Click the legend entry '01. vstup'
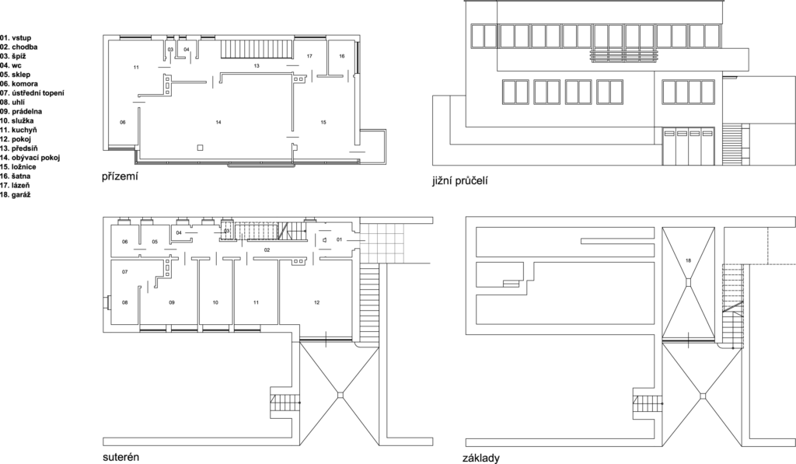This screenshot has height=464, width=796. click(x=16, y=37)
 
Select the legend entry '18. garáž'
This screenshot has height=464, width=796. click(x=16, y=194)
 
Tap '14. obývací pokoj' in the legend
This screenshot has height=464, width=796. click(x=30, y=157)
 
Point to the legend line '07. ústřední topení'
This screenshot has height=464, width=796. click(x=32, y=93)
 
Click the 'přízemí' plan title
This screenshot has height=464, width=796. click(x=120, y=176)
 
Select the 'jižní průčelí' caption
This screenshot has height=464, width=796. click(x=460, y=181)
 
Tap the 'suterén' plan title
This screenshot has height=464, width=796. click(x=120, y=456)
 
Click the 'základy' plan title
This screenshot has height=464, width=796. click(x=480, y=458)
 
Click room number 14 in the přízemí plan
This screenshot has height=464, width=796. click(x=218, y=122)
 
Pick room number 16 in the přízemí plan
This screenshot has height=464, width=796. click(x=342, y=57)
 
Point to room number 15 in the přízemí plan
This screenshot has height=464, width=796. click(x=323, y=122)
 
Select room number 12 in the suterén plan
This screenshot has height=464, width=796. click(x=317, y=302)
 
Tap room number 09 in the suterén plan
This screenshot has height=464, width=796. click(x=172, y=302)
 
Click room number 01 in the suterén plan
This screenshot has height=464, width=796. click(x=340, y=239)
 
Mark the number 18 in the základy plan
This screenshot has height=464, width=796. click(x=689, y=260)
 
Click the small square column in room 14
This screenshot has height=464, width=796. click(x=200, y=148)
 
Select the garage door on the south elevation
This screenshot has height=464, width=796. click(x=689, y=146)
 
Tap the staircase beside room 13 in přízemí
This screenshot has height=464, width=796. click(x=257, y=50)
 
